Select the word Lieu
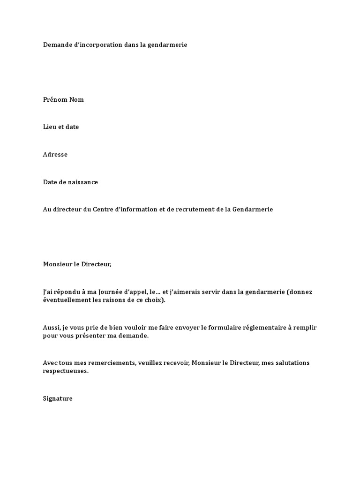[x=50, y=127]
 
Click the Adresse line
[x=55, y=155]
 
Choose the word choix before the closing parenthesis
[x=153, y=300]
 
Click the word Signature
[x=58, y=399]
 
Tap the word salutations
[x=290, y=363]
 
